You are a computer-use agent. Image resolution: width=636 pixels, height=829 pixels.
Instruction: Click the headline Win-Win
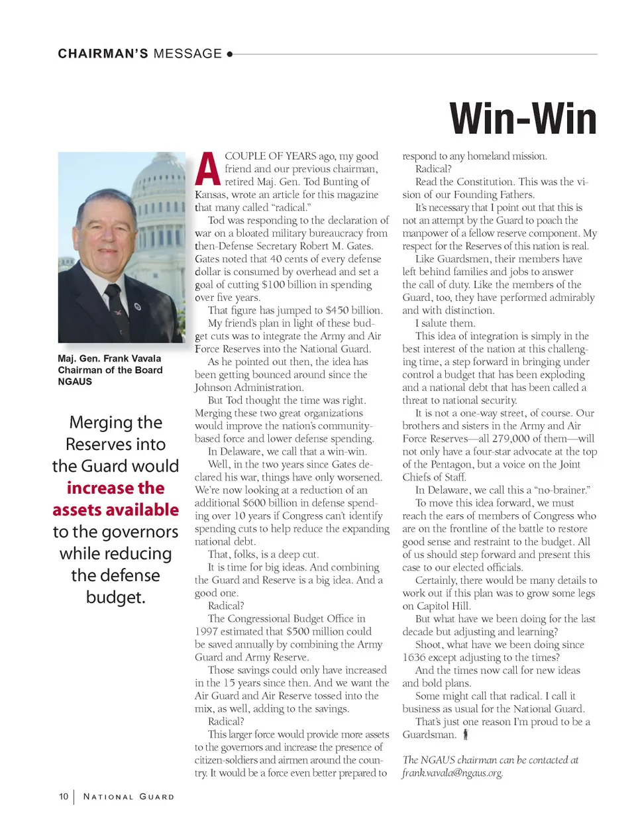pyautogui.click(x=523, y=119)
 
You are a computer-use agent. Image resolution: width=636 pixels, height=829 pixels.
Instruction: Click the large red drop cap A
pyautogui.click(x=207, y=170)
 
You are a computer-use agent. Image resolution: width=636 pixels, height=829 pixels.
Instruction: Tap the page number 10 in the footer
pyautogui.click(x=64, y=797)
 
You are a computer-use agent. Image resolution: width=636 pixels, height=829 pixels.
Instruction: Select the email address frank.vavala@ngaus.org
pyautogui.click(x=452, y=773)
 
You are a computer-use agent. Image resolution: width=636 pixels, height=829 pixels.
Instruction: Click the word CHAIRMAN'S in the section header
pyautogui.click(x=103, y=54)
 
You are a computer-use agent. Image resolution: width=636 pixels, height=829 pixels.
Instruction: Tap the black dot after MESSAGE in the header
pyautogui.click(x=229, y=54)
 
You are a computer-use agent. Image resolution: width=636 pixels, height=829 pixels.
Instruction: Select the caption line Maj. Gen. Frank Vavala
pyautogui.click(x=109, y=359)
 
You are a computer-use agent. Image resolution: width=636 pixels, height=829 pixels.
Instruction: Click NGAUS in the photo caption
pyautogui.click(x=75, y=382)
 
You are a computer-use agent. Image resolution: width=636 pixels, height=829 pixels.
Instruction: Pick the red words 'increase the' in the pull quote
pyautogui.click(x=115, y=488)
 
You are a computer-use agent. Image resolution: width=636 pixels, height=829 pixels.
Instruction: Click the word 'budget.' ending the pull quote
pyautogui.click(x=115, y=598)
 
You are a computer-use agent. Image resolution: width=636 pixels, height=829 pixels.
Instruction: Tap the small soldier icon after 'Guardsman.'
pyautogui.click(x=466, y=734)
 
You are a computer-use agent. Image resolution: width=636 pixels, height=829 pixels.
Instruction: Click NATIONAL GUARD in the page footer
pyautogui.click(x=129, y=797)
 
